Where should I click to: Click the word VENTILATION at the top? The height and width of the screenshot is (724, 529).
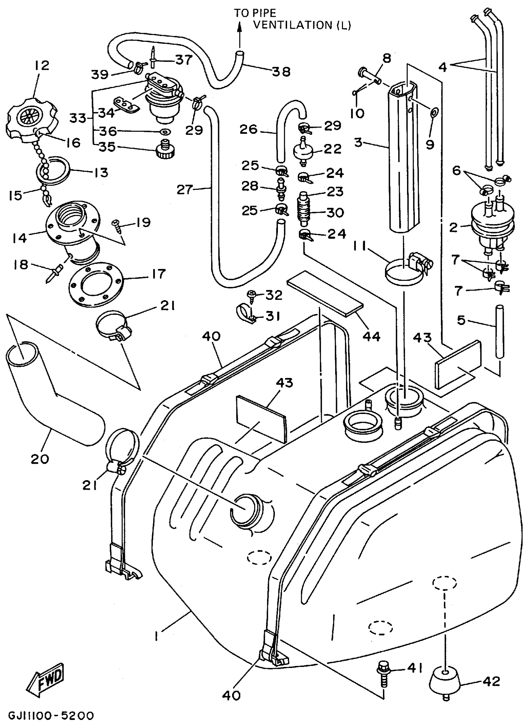point(293,25)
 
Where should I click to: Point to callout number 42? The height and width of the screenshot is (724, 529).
point(492,681)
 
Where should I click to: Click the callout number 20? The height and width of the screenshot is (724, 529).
point(40,459)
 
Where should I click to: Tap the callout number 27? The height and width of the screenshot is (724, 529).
point(185,189)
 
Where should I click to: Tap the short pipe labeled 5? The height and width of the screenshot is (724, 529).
point(499,332)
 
